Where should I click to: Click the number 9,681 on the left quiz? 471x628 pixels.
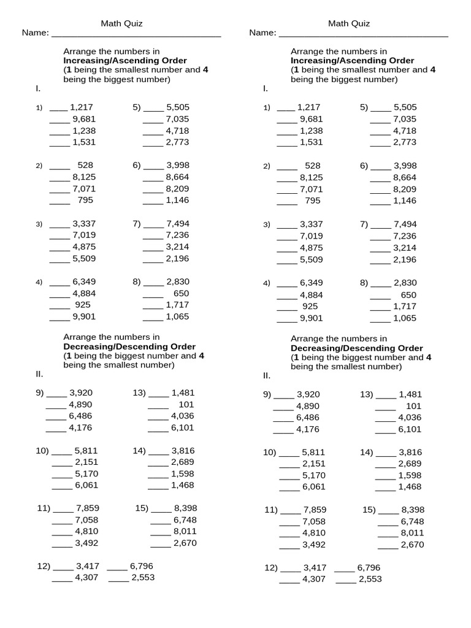(83, 119)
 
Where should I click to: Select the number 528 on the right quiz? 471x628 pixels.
(313, 166)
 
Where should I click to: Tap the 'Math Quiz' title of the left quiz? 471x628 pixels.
(122, 24)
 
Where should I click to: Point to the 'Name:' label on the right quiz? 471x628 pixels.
(262, 33)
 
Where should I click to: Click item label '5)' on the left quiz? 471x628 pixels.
(137, 107)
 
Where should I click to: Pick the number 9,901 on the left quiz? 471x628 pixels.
(84, 317)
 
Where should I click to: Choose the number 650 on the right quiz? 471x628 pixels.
(408, 295)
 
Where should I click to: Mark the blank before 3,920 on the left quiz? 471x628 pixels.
(56, 394)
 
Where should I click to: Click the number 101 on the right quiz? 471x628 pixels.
(414, 406)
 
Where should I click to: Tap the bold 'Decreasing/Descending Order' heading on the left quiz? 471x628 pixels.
(129, 347)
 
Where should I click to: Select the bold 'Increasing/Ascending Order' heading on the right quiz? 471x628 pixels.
(352, 61)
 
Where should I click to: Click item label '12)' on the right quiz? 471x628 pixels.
(271, 568)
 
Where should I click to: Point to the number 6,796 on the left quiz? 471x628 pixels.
(141, 566)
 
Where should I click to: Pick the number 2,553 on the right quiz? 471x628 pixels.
(370, 579)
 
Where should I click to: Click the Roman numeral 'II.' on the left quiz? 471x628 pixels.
(40, 373)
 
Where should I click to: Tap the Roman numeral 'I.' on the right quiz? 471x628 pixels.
(265, 88)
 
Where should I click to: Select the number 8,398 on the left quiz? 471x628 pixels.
(185, 508)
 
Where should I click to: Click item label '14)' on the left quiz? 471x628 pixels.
(139, 451)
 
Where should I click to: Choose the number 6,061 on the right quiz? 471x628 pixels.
(314, 487)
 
